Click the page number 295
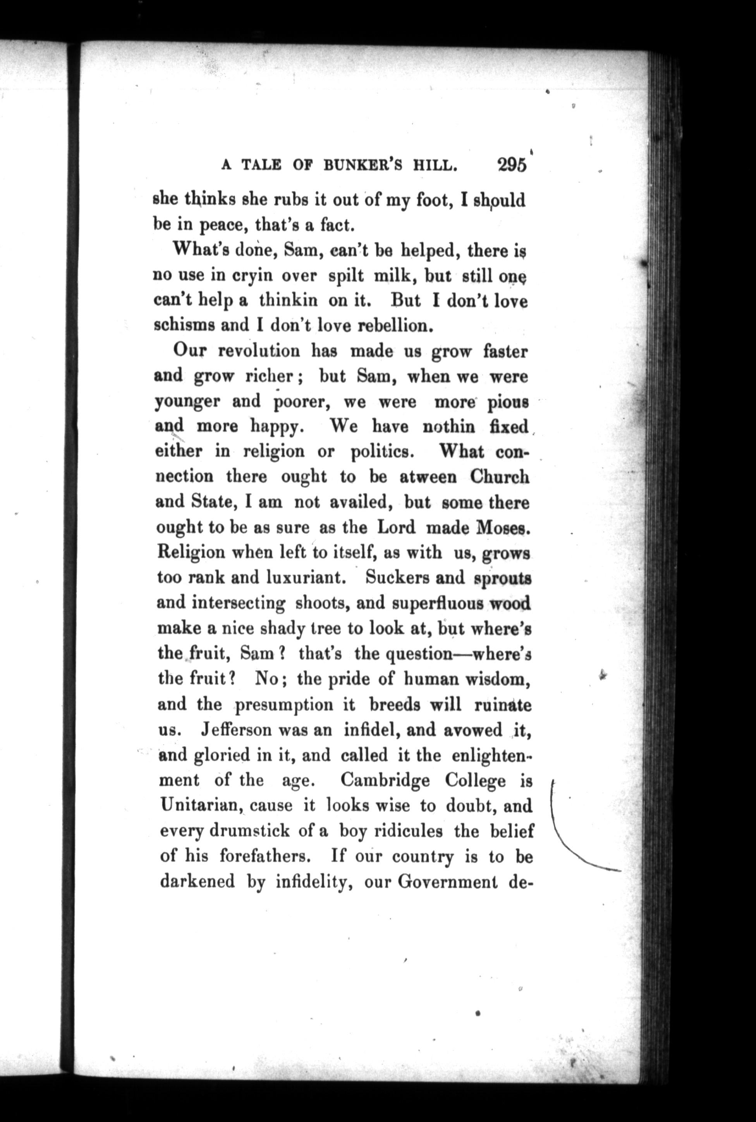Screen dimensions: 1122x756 512,165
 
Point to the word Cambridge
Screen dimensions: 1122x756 385,780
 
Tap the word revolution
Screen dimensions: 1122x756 259,351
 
